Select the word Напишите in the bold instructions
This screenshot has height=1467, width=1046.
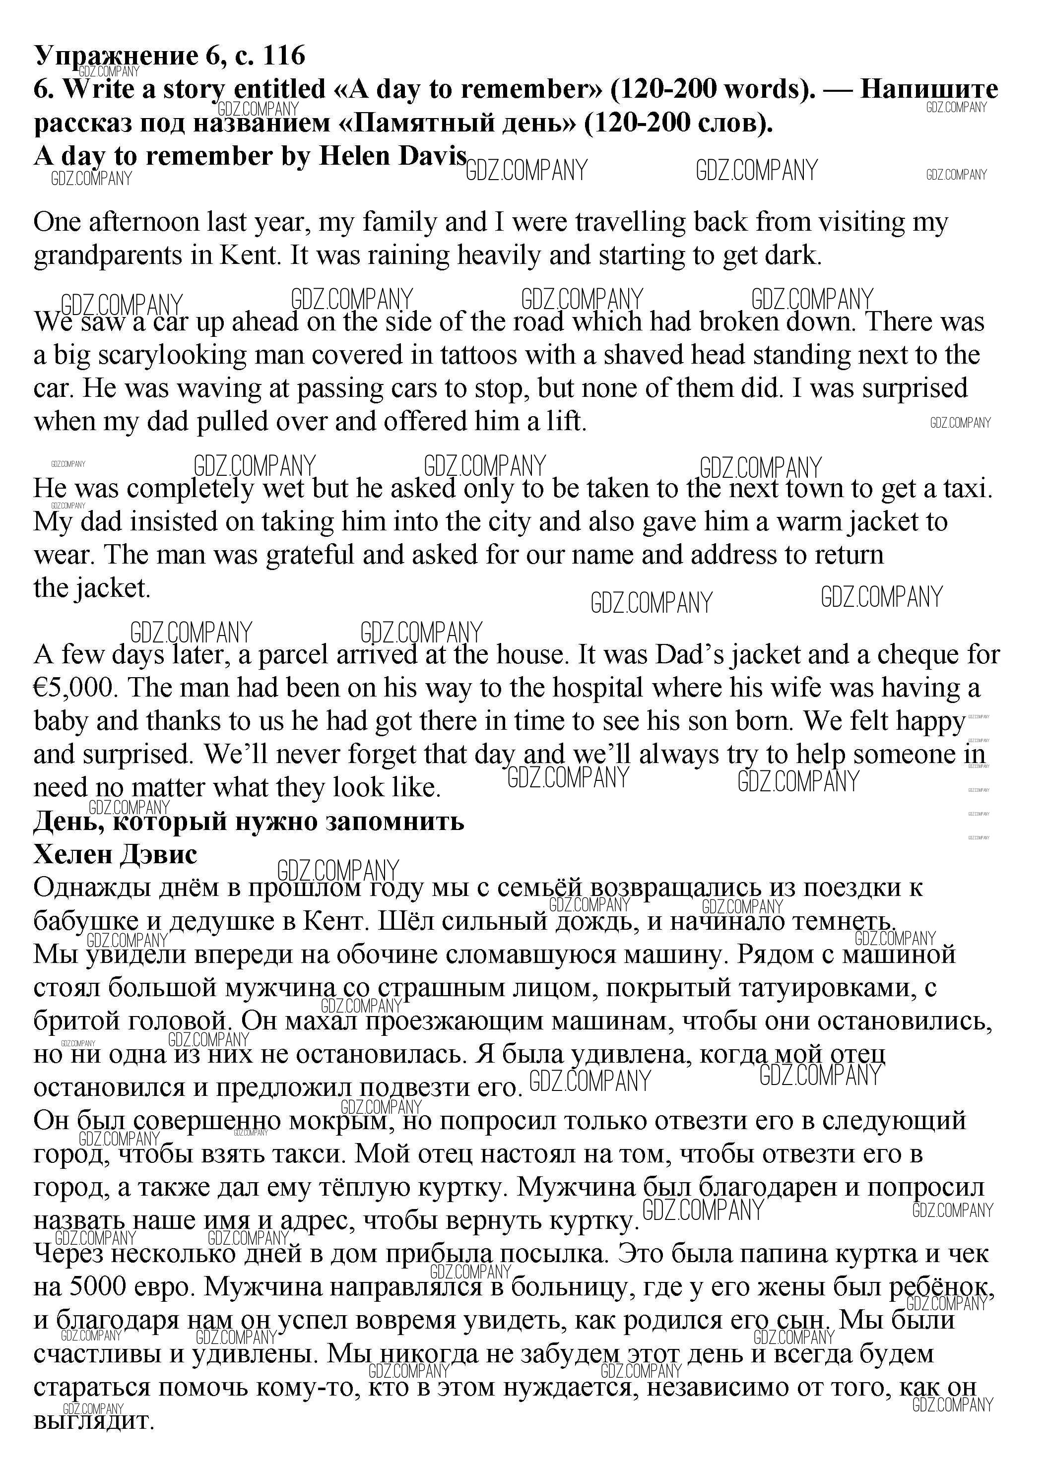click(x=928, y=89)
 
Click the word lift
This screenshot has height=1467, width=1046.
click(x=567, y=422)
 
